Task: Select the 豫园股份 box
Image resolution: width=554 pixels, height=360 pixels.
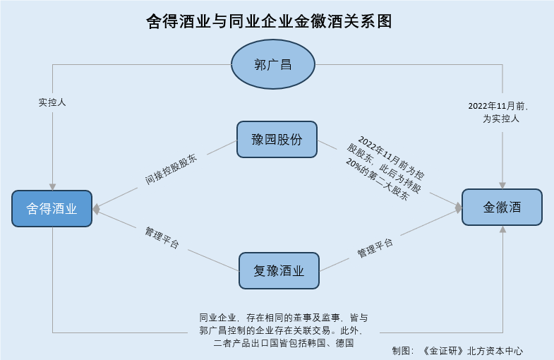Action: pyautogui.click(x=277, y=139)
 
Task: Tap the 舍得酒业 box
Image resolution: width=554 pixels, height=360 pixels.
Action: pyautogui.click(x=52, y=208)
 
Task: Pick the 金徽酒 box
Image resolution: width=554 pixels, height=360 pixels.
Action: pyautogui.click(x=502, y=208)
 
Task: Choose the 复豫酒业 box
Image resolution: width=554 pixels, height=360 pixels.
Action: pyautogui.click(x=279, y=270)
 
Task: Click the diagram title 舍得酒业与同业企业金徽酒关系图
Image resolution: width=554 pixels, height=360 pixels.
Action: pyautogui.click(x=277, y=21)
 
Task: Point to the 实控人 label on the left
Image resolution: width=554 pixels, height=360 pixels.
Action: pyautogui.click(x=52, y=102)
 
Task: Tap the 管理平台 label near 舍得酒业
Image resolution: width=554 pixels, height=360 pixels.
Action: pyautogui.click(x=162, y=238)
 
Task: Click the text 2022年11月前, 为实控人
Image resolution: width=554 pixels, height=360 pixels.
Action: pyautogui.click(x=501, y=112)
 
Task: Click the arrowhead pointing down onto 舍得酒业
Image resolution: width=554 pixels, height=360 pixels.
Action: pyautogui.click(x=52, y=186)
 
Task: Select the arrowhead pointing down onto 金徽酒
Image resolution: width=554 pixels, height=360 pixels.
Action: pyautogui.click(x=502, y=184)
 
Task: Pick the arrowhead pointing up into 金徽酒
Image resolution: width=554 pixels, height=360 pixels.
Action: pyautogui.click(x=502, y=229)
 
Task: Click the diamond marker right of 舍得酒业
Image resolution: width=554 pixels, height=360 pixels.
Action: pyautogui.click(x=97, y=208)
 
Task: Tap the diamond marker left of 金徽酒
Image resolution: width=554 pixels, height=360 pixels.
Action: pyautogui.click(x=458, y=208)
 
